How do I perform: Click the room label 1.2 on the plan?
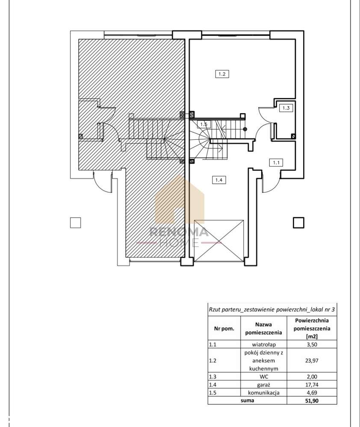pyautogui.click(x=222, y=74)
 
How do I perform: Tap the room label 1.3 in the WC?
pyautogui.click(x=286, y=108)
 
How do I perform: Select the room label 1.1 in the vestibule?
pyautogui.click(x=276, y=162)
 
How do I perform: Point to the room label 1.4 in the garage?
pyautogui.click(x=219, y=180)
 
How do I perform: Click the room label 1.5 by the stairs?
pyautogui.click(x=204, y=124)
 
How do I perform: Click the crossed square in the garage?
pyautogui.click(x=219, y=241)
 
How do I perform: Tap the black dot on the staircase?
pyautogui.click(x=245, y=129)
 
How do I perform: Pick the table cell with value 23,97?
pyautogui.click(x=312, y=361)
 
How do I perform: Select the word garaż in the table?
pyautogui.click(x=264, y=385)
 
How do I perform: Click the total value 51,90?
pyautogui.click(x=312, y=400)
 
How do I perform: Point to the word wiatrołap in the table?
pyautogui.click(x=264, y=345)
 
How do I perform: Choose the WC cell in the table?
pyautogui.click(x=264, y=377)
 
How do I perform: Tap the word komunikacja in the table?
pyautogui.click(x=264, y=392)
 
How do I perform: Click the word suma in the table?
pyautogui.click(x=247, y=400)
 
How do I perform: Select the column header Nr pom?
pyautogui.click(x=224, y=328)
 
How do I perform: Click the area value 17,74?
pyautogui.click(x=312, y=385)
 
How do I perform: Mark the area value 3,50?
pyautogui.click(x=312, y=344)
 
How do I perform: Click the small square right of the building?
pyautogui.click(x=298, y=223)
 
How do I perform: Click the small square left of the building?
pyautogui.click(x=75, y=223)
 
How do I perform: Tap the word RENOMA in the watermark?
pyautogui.click(x=179, y=232)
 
